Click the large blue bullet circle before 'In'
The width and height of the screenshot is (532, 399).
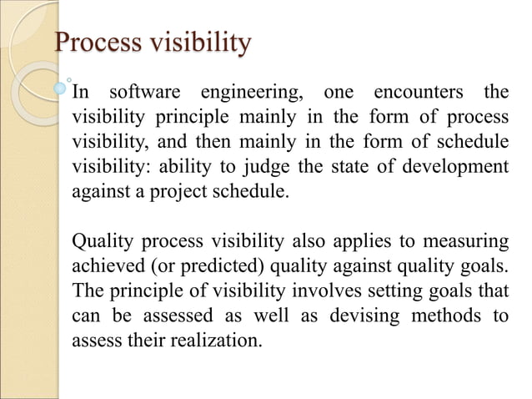point(60,87)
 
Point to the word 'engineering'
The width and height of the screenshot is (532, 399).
point(244,91)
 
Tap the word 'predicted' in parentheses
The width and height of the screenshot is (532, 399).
point(190,267)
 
